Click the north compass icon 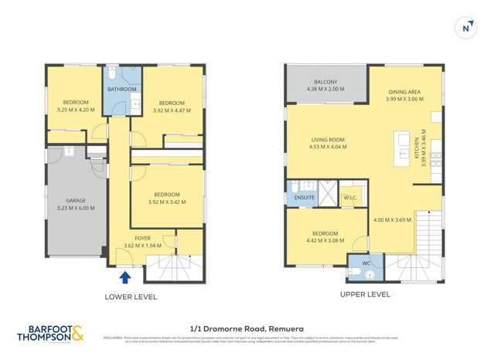(x=465, y=27)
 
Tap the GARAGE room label (x=75, y=200)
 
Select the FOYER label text (x=142, y=238)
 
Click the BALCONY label (x=325, y=82)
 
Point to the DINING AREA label (x=405, y=92)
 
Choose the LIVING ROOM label (x=327, y=140)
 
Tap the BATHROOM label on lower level (x=121, y=89)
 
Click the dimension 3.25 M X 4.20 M (x=75, y=110)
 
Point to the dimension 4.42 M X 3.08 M (x=325, y=239)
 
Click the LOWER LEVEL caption (x=131, y=297)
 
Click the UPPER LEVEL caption (x=364, y=294)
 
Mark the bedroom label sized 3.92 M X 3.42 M (x=166, y=195)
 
